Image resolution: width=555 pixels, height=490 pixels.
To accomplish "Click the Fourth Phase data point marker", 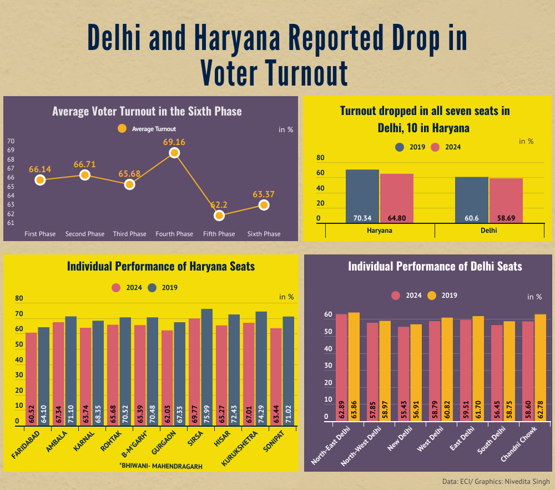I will tap(174, 153).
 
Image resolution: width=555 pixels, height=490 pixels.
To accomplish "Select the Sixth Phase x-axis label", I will tap(264, 234).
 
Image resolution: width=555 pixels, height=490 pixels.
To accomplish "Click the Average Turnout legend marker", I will tap(123, 129).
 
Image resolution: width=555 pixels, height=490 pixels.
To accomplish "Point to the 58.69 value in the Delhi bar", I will tap(506, 218).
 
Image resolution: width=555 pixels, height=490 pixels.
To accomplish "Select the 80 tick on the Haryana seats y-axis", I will tap(19, 299).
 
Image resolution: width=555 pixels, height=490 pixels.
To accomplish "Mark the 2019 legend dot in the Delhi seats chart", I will tap(434, 296).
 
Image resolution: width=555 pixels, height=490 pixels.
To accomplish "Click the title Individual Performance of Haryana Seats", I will tap(160, 267).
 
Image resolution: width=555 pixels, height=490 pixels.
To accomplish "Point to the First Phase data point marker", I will tap(40, 180).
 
